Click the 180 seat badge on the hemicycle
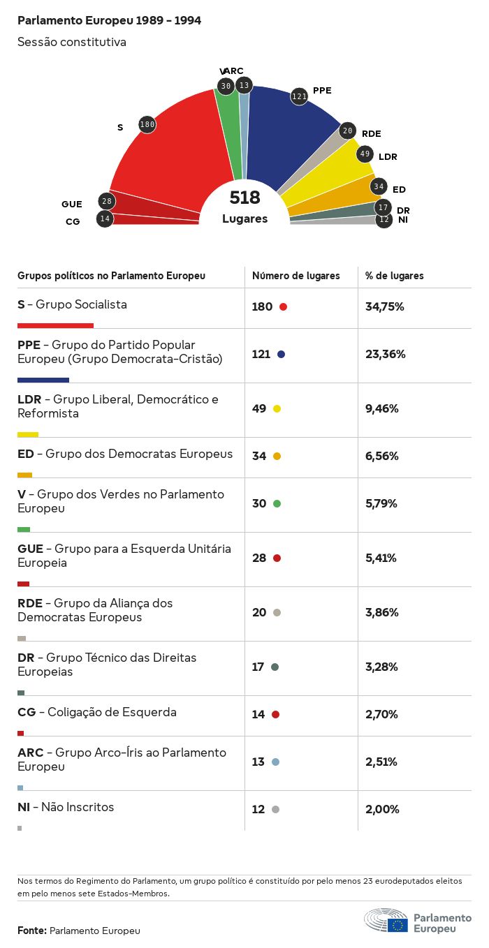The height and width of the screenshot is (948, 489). point(147,125)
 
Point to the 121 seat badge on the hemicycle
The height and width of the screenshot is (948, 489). point(299,96)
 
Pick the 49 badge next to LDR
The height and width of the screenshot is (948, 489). point(365,154)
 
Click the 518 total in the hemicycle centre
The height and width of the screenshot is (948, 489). point(245,198)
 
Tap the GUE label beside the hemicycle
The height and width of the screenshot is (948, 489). point(72,204)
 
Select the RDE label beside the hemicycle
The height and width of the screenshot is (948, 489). point(372,133)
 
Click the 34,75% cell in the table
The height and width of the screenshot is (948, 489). point(385,306)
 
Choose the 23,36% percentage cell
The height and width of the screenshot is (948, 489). point(385,354)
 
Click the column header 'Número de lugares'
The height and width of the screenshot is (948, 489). point(296,276)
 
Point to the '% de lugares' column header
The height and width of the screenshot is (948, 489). point(395,276)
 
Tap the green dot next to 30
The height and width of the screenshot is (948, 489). point(277,503)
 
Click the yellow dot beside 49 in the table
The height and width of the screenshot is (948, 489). point(277,408)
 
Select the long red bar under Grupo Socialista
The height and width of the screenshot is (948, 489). point(55,325)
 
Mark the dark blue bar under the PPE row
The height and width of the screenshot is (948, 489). point(43,380)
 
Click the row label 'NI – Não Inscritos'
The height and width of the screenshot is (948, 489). point(66,807)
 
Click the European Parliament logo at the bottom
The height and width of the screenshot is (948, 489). point(417,921)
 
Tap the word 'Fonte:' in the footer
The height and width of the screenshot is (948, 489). point(32,931)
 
